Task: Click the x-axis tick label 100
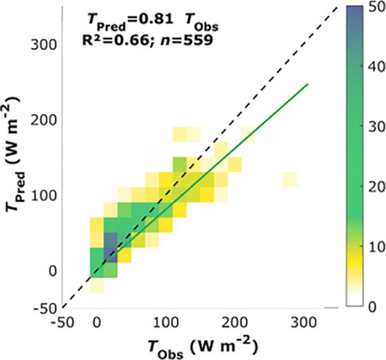coord(165,324)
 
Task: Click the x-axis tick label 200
coord(234,324)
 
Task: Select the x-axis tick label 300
coord(303,324)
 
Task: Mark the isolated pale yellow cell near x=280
coord(290,179)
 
